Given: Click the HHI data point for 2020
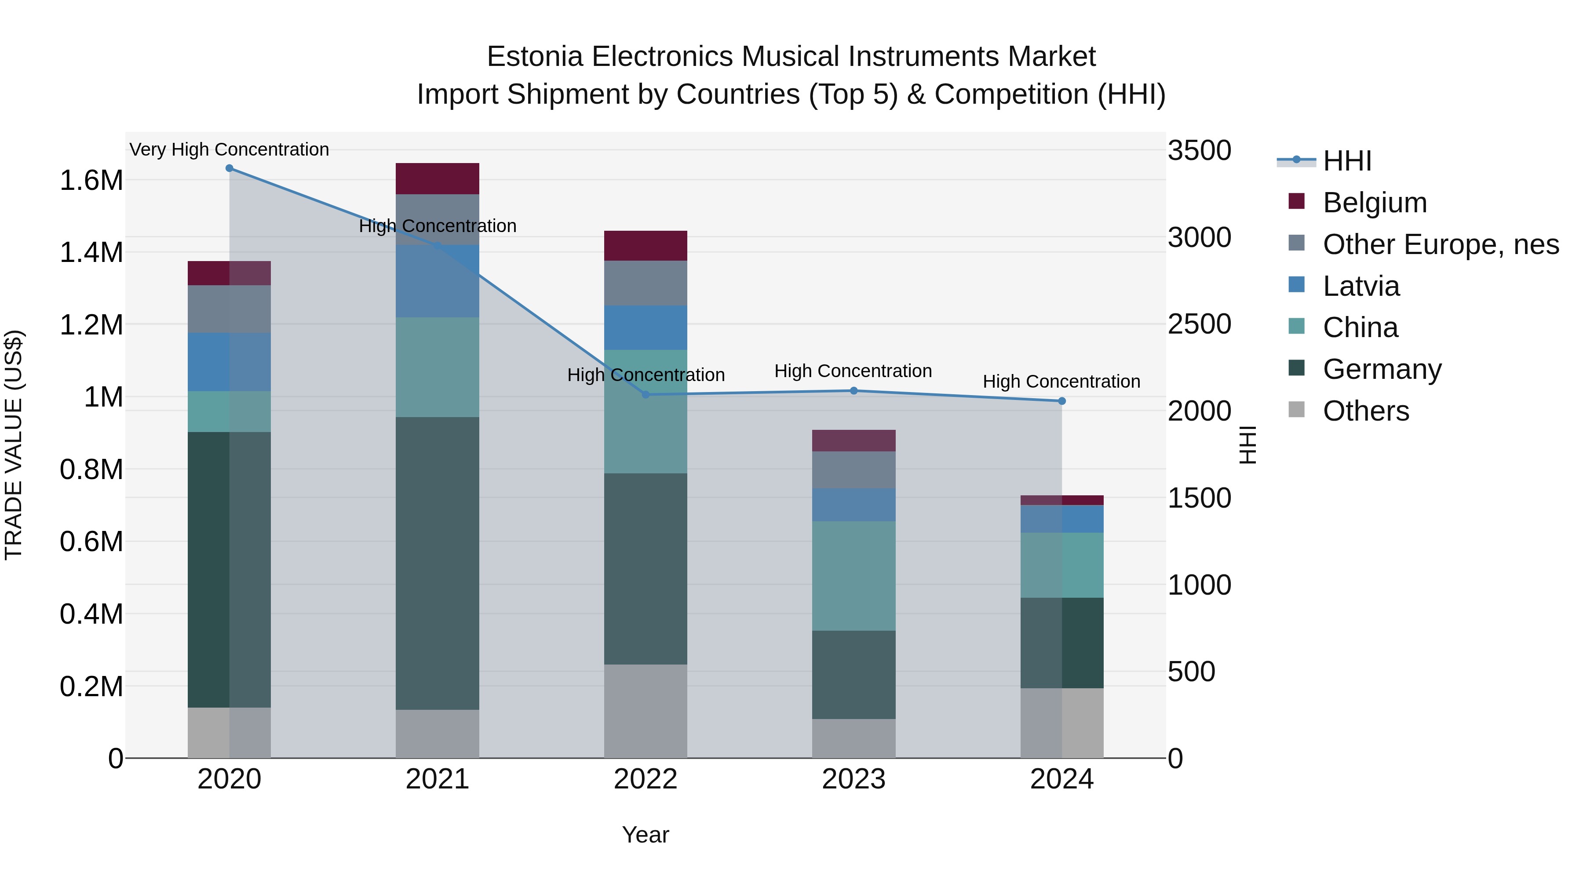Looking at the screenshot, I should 229,168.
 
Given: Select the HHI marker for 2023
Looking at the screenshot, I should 854,391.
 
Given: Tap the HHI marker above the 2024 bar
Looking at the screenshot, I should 1062,401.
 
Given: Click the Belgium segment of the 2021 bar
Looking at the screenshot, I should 437,179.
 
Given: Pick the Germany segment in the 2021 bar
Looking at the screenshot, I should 437,563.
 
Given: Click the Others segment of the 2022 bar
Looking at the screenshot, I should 645,711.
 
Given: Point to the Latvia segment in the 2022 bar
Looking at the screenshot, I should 645,327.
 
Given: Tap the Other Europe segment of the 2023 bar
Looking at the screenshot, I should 854,470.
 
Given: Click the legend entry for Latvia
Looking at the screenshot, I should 1361,286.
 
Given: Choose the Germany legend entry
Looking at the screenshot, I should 1382,369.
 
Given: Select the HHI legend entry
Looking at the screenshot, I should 1346,161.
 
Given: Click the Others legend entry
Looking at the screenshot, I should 1365,411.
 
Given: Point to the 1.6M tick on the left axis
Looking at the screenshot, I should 91,181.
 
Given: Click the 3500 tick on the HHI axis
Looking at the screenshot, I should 1199,150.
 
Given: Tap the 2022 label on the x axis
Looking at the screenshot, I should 645,779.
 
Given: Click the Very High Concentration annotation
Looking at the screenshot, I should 229,149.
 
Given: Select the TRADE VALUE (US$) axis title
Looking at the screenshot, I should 14,445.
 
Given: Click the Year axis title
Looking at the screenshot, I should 645,835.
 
